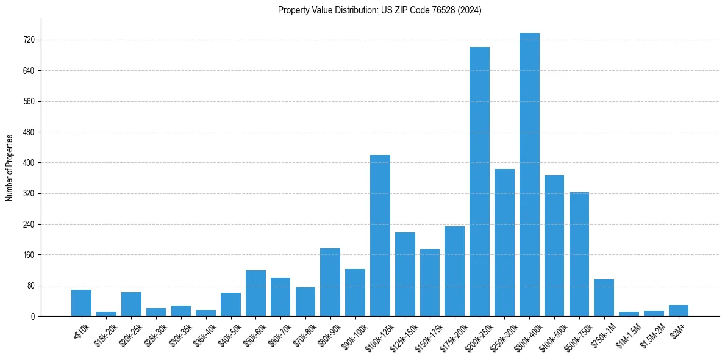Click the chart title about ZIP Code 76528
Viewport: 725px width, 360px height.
click(379, 10)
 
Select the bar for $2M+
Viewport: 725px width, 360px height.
click(679, 311)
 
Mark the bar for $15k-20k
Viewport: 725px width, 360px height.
click(106, 314)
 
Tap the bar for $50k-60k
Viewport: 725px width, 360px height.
click(255, 293)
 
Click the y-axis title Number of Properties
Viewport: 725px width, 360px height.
click(10, 168)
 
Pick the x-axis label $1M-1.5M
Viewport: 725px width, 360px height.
click(626, 334)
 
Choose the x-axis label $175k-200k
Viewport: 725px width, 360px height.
click(452, 334)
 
